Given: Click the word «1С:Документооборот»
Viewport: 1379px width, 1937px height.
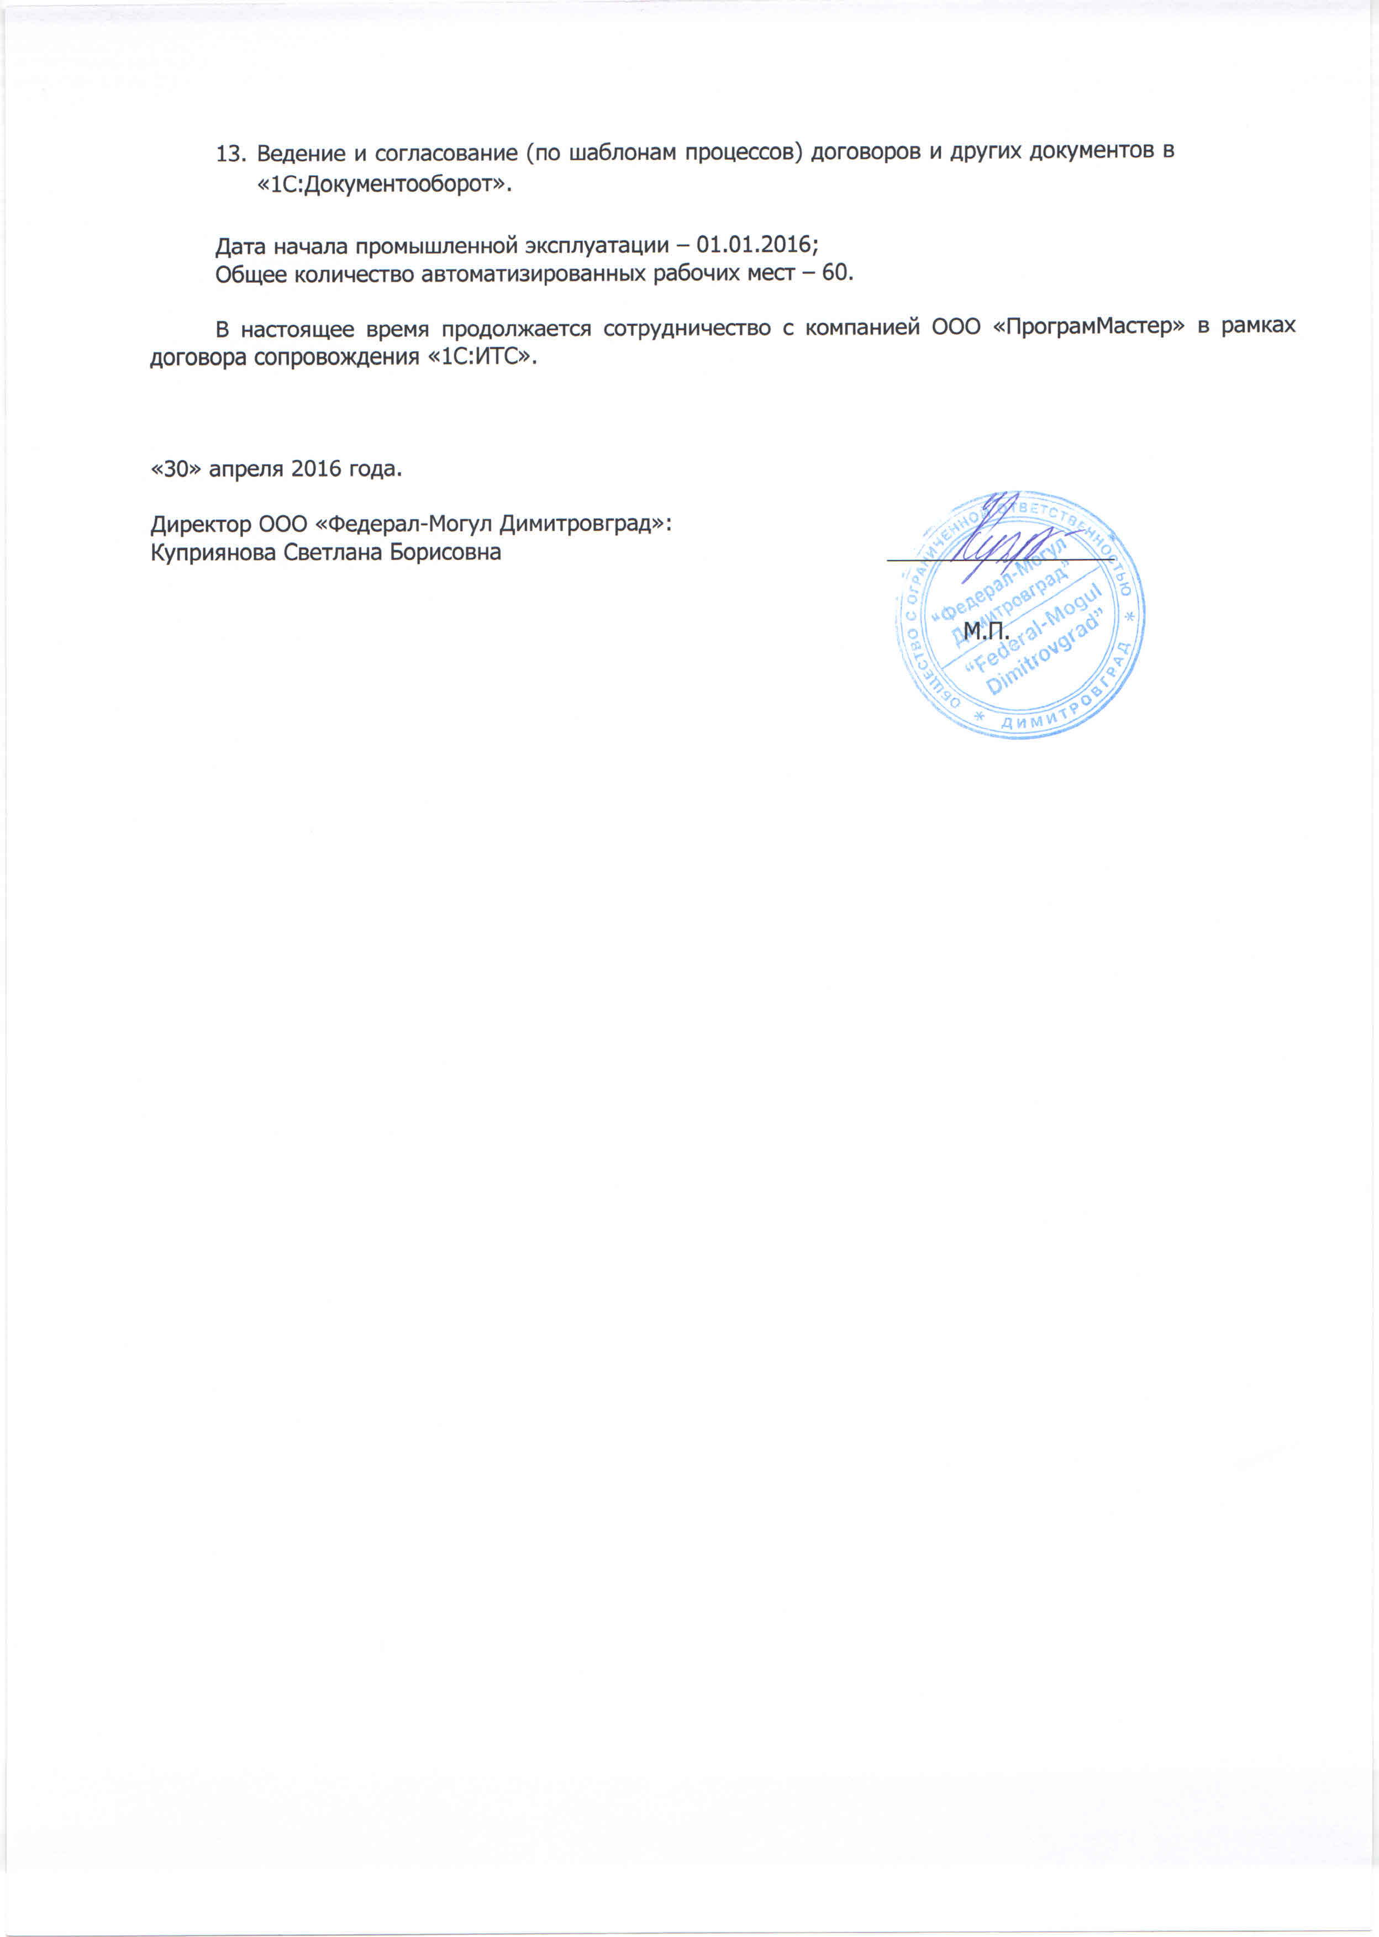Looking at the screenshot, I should point(385,185).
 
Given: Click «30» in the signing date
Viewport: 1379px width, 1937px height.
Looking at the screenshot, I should point(176,468).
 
